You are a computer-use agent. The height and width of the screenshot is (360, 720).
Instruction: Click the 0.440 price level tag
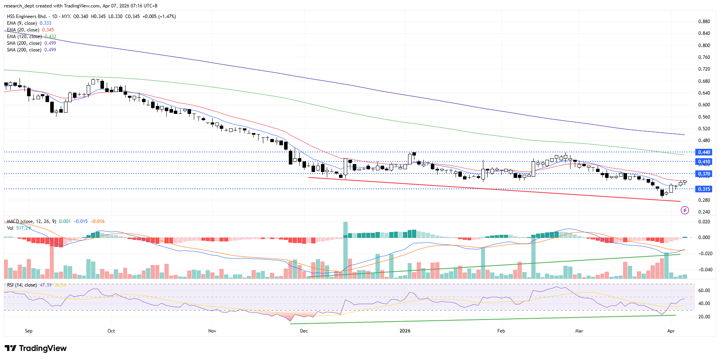click(x=704, y=152)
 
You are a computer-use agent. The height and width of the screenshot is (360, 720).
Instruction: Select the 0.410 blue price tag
click(x=704, y=162)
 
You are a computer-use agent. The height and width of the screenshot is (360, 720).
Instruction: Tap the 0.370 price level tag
click(x=704, y=174)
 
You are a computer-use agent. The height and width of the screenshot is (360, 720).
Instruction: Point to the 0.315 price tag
click(x=704, y=189)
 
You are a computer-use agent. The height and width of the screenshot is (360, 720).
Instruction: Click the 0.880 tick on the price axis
click(x=704, y=22)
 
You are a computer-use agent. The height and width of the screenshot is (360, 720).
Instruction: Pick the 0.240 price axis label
click(x=704, y=212)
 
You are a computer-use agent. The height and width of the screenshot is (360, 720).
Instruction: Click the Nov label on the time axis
click(x=212, y=331)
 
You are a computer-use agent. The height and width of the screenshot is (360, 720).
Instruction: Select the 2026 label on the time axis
click(x=405, y=331)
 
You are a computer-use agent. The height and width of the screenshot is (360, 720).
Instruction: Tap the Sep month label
click(x=29, y=331)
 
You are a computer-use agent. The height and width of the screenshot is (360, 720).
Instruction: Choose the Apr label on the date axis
click(x=671, y=331)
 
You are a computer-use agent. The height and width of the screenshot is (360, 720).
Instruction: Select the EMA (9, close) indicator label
click(x=22, y=23)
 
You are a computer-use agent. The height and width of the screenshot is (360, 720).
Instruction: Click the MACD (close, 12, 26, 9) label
click(x=31, y=221)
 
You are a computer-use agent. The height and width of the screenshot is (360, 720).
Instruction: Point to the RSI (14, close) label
click(x=22, y=285)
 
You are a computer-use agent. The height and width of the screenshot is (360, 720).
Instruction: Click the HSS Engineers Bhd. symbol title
click(x=27, y=16)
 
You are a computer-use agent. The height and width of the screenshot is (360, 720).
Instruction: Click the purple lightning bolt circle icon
click(x=685, y=210)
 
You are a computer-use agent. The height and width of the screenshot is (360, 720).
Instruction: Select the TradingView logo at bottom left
click(x=36, y=348)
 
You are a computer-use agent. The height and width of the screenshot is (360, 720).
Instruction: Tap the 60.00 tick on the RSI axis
click(x=704, y=291)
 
